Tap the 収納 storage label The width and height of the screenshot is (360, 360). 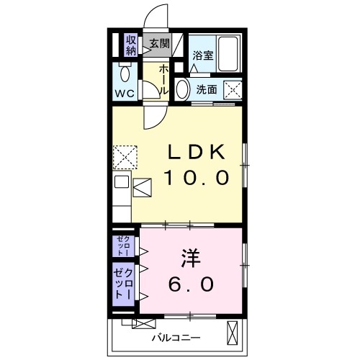tap(131, 45)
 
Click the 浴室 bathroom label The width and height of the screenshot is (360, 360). tap(202, 56)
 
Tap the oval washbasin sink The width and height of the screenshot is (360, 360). tap(183, 89)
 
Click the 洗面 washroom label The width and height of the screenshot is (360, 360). tap(207, 90)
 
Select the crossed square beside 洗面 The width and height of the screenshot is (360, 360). tap(233, 90)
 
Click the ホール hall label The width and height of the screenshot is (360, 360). tap(164, 78)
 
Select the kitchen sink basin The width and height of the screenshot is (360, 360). tap(121, 181)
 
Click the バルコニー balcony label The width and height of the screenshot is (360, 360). tap(176, 337)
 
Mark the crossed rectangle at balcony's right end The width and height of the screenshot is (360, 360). tap(232, 334)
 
